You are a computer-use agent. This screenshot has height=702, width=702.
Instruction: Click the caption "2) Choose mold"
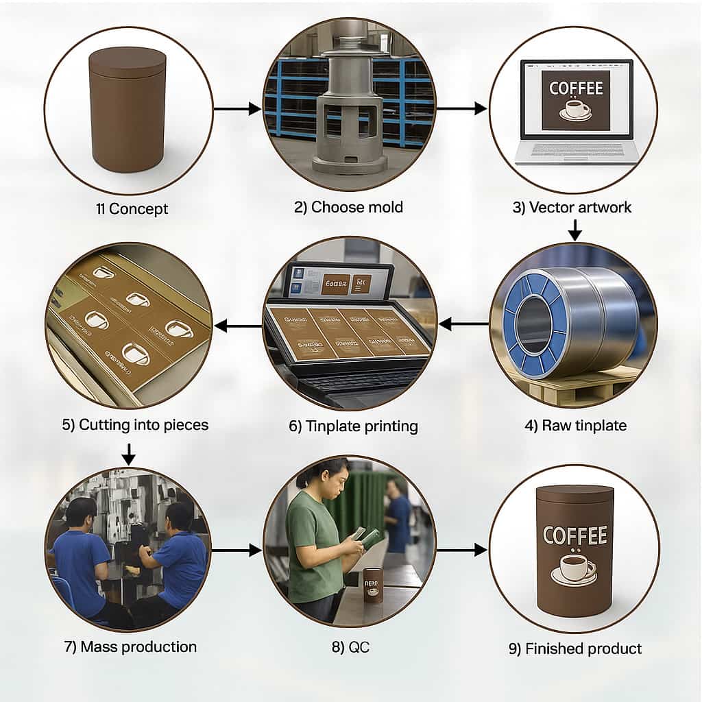[x=348, y=207]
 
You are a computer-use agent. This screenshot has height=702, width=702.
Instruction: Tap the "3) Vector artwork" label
[x=572, y=207]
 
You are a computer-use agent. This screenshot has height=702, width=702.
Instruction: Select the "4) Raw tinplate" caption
[x=575, y=425]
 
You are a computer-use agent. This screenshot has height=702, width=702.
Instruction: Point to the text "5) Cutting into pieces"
[x=135, y=424]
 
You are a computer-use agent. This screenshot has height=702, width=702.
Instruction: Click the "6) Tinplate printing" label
[x=353, y=426]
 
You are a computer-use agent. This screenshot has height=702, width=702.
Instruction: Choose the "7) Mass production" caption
[x=130, y=646]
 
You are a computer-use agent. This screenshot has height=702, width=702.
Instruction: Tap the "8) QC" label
[x=350, y=646]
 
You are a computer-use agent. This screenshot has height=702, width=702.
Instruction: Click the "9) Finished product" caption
[x=575, y=649]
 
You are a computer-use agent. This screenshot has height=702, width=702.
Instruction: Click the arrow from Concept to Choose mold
[x=237, y=108]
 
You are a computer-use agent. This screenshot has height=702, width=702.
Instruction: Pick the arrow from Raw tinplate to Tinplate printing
[x=463, y=324]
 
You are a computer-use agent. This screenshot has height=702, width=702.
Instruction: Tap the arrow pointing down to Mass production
[x=128, y=453]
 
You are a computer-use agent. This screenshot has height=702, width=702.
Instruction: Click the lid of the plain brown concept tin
[x=127, y=62]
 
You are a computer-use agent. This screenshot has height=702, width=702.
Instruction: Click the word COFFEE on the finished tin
[x=574, y=535]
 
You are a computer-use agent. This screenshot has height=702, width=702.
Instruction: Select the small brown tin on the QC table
[x=373, y=585]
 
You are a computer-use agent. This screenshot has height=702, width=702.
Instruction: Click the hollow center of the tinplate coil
[x=531, y=325]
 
